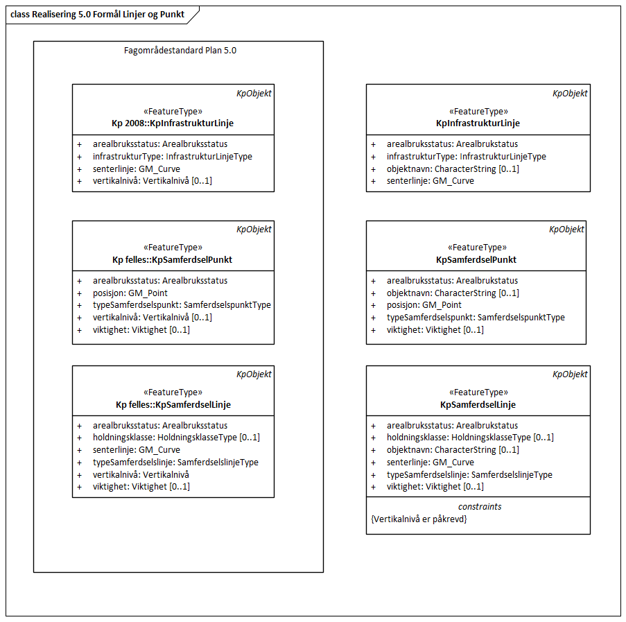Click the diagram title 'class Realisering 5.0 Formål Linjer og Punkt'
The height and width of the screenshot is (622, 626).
(98, 14)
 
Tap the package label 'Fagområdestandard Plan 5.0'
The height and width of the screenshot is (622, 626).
(178, 51)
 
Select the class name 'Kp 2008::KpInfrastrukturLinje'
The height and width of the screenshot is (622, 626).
(173, 123)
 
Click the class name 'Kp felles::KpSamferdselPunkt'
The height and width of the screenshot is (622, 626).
(173, 260)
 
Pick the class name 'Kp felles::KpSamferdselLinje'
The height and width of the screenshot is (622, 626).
(173, 405)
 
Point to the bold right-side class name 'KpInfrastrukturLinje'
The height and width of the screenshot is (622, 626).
(478, 123)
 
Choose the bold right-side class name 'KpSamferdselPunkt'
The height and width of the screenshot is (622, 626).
(478, 260)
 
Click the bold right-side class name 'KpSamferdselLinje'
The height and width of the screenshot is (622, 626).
(478, 405)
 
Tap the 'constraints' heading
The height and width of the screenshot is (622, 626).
(478, 507)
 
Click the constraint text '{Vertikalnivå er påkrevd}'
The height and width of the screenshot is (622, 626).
(419, 519)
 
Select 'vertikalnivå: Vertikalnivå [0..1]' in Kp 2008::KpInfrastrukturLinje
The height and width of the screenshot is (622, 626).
(153, 182)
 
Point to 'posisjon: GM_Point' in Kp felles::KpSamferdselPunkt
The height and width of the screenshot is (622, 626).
(130, 293)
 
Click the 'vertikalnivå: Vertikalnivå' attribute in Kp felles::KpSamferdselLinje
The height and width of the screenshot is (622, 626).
(141, 474)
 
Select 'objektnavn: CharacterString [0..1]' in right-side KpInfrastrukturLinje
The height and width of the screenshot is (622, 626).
(453, 169)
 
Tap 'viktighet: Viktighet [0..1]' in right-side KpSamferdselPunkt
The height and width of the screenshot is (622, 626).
(435, 330)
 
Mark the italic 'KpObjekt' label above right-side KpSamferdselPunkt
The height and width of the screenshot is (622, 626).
(566, 230)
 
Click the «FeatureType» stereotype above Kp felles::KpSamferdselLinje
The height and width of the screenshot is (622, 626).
(173, 392)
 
